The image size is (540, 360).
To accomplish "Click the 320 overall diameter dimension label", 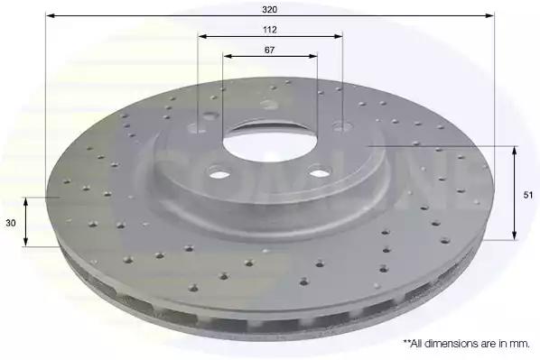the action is tap(269, 10).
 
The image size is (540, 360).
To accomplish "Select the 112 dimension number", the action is tap(270, 30).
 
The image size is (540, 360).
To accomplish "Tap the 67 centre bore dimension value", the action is tap(269, 50).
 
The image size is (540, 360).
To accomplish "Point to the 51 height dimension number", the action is tap(528, 195).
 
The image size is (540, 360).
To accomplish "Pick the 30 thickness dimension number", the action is tap(11, 223).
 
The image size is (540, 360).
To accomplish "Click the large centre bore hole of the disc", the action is tap(269, 142).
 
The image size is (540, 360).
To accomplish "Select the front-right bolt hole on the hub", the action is tap(320, 171).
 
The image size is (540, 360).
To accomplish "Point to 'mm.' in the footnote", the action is tap(521, 344).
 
